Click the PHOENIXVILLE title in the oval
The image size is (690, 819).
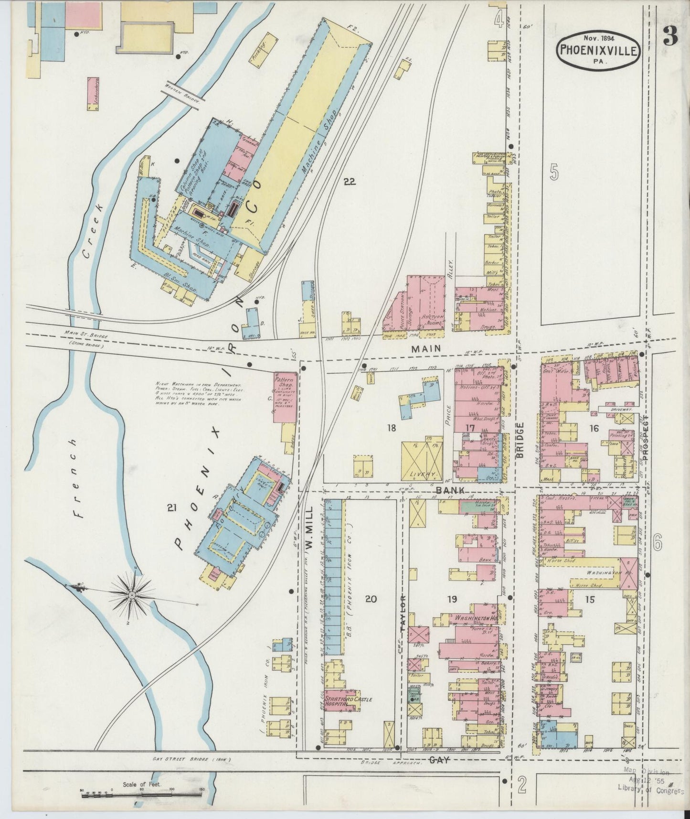tap(599, 50)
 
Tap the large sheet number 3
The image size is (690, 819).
tap(670, 36)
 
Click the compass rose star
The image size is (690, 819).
tap(132, 595)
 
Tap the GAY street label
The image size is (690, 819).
tap(440, 760)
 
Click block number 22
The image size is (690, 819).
tap(350, 181)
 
